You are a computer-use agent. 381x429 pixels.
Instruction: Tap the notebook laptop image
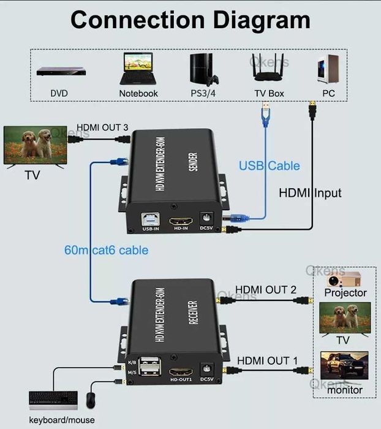point(138,69)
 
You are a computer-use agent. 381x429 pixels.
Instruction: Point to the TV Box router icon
point(268,70)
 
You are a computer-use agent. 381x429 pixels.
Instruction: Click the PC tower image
point(328,69)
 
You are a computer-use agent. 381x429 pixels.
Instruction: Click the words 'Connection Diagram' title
point(190,20)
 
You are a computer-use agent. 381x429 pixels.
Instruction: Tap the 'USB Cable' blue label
point(270,165)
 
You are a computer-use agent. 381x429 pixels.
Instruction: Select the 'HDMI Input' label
point(310,193)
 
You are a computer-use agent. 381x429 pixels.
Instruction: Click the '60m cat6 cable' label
point(106,250)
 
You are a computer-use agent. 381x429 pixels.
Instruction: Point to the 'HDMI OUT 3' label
point(102,127)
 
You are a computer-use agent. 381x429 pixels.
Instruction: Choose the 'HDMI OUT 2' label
point(266,289)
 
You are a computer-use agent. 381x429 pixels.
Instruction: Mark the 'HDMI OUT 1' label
point(267,360)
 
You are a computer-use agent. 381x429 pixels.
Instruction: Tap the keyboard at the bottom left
point(53,400)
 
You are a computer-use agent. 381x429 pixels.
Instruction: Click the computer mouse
point(91,400)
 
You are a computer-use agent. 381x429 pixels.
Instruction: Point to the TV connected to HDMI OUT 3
point(34,146)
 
